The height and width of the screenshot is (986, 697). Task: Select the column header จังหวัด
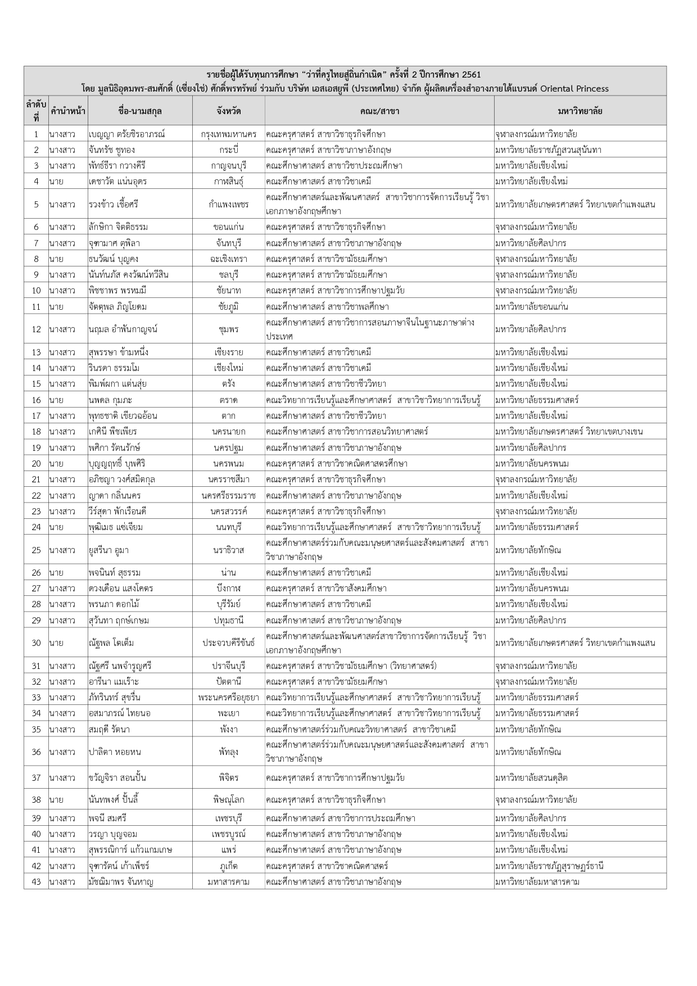pos(228,111)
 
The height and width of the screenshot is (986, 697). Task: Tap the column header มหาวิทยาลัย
pos(580,111)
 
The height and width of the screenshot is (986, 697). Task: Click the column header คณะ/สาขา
pos(379,111)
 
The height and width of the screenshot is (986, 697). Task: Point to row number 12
pos(36,329)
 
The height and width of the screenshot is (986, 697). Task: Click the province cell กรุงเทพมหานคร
pos(228,134)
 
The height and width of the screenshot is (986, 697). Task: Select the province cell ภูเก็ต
pos(228,866)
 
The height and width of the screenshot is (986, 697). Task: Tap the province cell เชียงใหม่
pos(228,368)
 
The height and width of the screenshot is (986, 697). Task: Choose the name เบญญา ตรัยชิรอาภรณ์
pos(126,134)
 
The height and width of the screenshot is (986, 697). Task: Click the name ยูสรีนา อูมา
pos(108,550)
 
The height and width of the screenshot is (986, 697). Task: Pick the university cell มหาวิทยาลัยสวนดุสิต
pos(531,777)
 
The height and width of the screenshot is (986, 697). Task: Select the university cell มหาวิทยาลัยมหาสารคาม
pos(537,881)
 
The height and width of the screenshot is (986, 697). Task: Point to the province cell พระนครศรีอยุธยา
pos(228,697)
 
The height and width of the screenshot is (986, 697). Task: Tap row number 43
pos(36,881)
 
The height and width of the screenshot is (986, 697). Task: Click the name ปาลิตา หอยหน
pos(115,752)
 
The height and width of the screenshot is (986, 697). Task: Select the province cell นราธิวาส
pos(228,550)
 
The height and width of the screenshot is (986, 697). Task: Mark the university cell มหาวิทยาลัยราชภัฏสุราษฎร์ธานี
pos(549,866)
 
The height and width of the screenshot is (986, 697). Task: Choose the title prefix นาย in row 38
pos(56,799)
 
